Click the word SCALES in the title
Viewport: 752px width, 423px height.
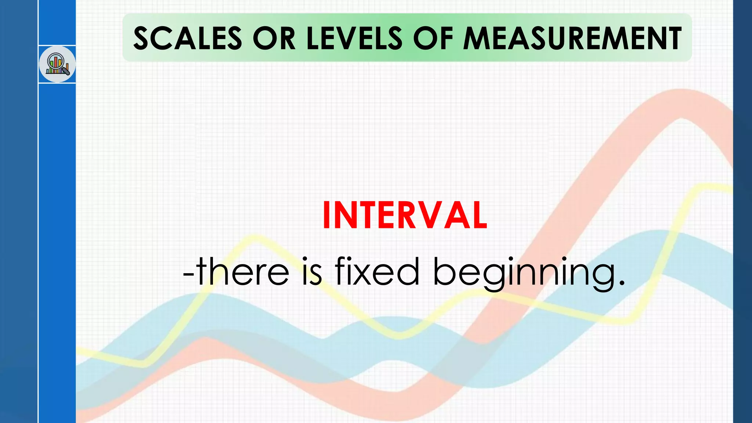[x=187, y=38]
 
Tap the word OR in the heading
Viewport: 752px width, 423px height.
[x=274, y=38]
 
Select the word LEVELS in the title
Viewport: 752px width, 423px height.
[x=354, y=38]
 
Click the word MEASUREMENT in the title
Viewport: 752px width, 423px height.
[x=572, y=38]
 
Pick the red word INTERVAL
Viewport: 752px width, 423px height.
[x=405, y=216]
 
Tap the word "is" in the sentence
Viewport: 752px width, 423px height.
[x=311, y=272]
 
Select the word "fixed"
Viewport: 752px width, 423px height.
[x=377, y=272]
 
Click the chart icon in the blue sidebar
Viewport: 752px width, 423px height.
[x=57, y=64]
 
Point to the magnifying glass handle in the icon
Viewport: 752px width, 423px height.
[x=66, y=71]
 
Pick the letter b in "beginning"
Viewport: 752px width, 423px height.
[x=444, y=272]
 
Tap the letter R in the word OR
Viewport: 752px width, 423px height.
[x=287, y=38]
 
